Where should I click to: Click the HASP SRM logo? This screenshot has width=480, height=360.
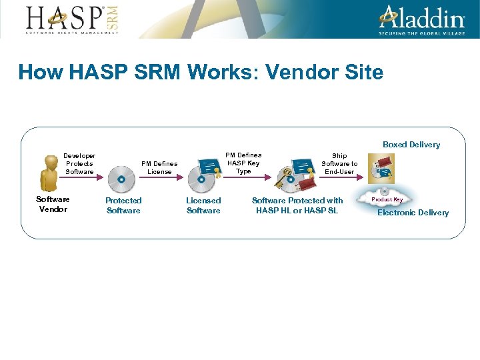click(72, 19)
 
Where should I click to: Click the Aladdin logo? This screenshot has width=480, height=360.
click(422, 19)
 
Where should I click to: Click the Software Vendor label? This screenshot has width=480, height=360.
click(53, 204)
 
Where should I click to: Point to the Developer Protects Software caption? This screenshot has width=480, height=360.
click(79, 163)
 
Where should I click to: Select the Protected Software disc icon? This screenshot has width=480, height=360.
click(122, 177)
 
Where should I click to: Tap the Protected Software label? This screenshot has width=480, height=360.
click(123, 205)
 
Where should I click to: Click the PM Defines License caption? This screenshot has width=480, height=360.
click(159, 167)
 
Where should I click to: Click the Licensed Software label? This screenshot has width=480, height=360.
click(203, 205)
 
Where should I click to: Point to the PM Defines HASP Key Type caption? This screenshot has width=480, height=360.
click(243, 163)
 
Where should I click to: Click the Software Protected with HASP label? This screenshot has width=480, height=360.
click(297, 205)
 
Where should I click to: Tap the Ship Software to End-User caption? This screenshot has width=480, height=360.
click(339, 163)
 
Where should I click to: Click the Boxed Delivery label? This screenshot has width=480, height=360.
click(411, 145)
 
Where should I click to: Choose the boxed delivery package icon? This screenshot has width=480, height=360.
click(382, 168)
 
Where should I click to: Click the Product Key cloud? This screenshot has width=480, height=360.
click(387, 199)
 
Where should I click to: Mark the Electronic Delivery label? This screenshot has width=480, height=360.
click(413, 213)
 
